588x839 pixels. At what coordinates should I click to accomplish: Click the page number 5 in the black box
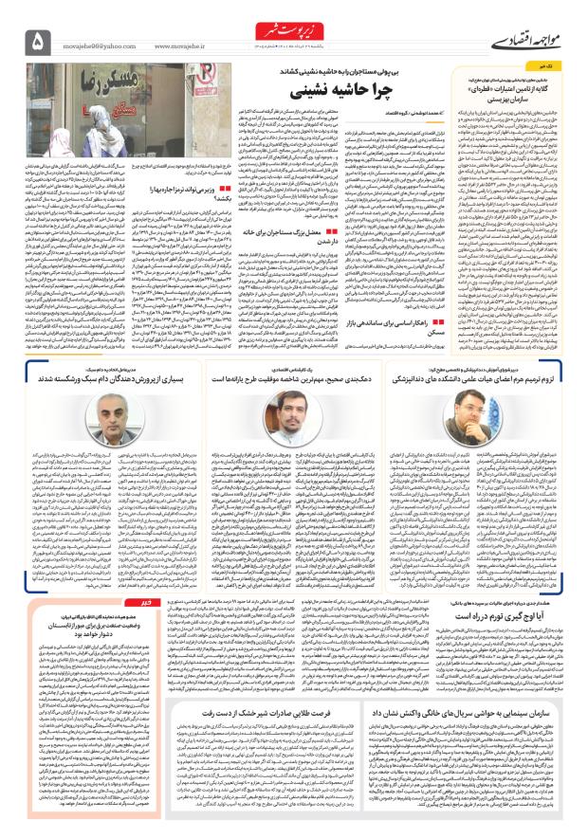tap(39, 39)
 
